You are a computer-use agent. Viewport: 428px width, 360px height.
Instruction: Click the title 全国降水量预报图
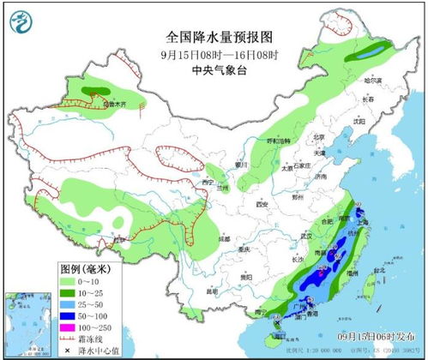tap(213, 38)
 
